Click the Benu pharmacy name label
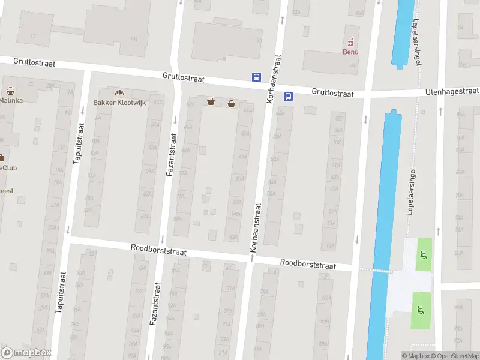pos(350,52)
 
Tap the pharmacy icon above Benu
pos(350,41)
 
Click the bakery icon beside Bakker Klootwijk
pos(119,92)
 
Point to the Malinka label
pos(11,100)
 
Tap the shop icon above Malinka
pos(11,91)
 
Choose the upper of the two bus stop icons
pos(256,77)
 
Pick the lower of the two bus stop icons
pos(288,95)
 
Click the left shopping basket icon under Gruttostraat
pos(211,102)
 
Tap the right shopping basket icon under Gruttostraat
pos(231,103)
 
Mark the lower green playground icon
pos(420,310)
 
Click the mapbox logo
pos(26,352)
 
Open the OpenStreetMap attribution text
pos(455,356)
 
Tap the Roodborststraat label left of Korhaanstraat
pos(158,250)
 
